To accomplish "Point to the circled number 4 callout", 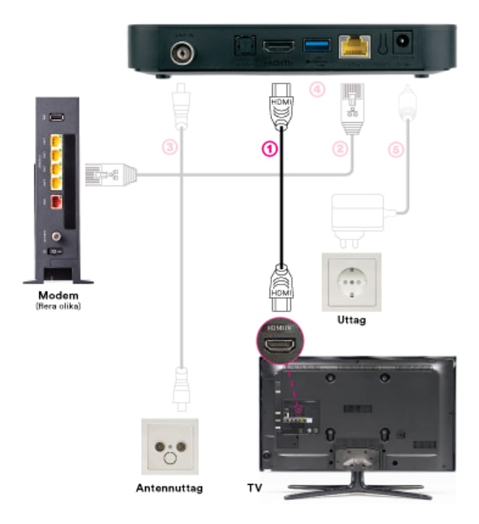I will [x=314, y=89].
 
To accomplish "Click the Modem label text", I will [x=57, y=297].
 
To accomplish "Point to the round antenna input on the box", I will [x=181, y=52].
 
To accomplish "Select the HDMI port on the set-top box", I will [x=279, y=47].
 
